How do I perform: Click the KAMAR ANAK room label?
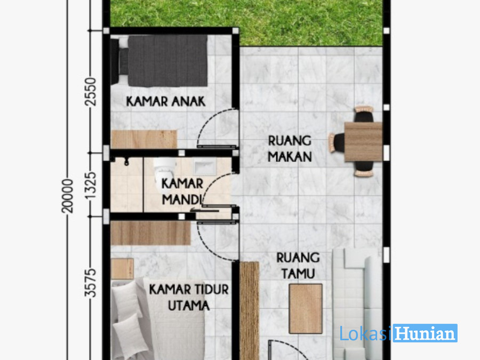pyautogui.click(x=166, y=101)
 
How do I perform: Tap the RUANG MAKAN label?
pyautogui.click(x=290, y=149)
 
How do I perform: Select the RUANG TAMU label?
pyautogui.click(x=298, y=266)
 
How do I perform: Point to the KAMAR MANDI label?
pyautogui.click(x=182, y=191)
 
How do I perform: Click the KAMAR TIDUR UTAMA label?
pyautogui.click(x=189, y=297)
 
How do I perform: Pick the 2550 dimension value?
pyautogui.click(x=91, y=92)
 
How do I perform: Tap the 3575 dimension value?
pyautogui.click(x=91, y=283)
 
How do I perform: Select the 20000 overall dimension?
pyautogui.click(x=68, y=196)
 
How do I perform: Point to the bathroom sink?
pyautogui.click(x=205, y=167)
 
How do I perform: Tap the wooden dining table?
pyautogui.click(x=363, y=141)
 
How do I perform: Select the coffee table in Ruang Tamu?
pyautogui.click(x=306, y=309)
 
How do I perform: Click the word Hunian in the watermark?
pyautogui.click(x=425, y=333)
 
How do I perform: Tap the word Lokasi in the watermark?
pyautogui.click(x=366, y=333)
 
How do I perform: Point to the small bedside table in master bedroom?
pyautogui.click(x=122, y=269)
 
